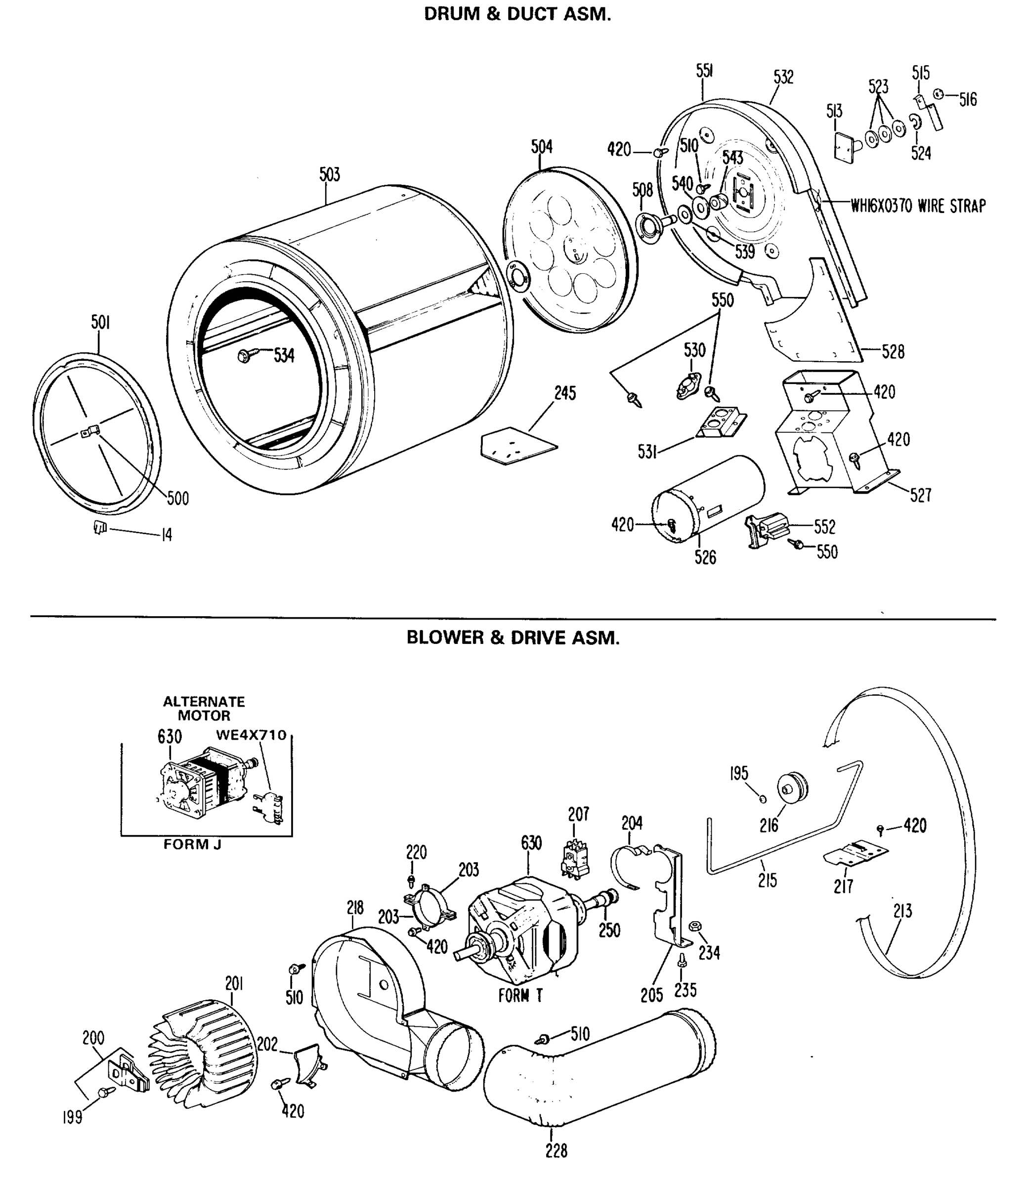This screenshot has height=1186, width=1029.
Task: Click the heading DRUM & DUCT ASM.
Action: tap(517, 14)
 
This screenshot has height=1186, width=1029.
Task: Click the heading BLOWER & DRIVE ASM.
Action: tap(513, 638)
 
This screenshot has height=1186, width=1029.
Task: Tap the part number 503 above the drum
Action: tap(330, 174)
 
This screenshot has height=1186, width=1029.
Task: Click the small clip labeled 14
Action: tap(100, 526)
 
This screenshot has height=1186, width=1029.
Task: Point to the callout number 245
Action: tap(564, 393)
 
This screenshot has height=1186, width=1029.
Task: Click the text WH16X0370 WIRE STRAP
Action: tap(918, 206)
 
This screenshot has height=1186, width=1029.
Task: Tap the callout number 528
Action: tap(893, 351)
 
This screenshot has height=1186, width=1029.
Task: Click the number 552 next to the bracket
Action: tap(824, 526)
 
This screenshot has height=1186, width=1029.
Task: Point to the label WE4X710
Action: tap(251, 735)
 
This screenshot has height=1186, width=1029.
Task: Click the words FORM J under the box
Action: tap(192, 845)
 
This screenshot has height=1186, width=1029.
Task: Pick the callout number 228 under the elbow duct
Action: tap(556, 1150)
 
